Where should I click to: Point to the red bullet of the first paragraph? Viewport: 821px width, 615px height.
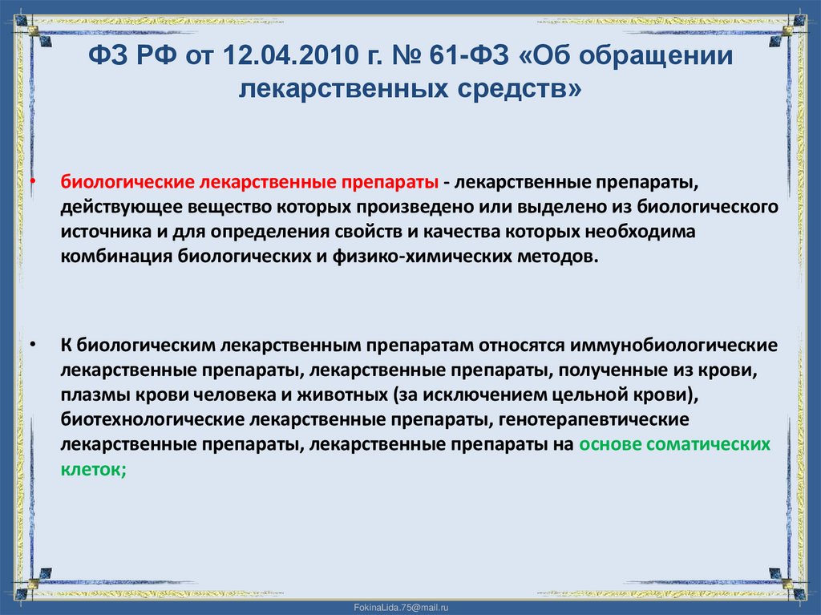pos(34,182)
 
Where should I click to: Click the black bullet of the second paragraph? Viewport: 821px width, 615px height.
pos(34,345)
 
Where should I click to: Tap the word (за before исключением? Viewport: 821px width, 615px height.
pos(406,394)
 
